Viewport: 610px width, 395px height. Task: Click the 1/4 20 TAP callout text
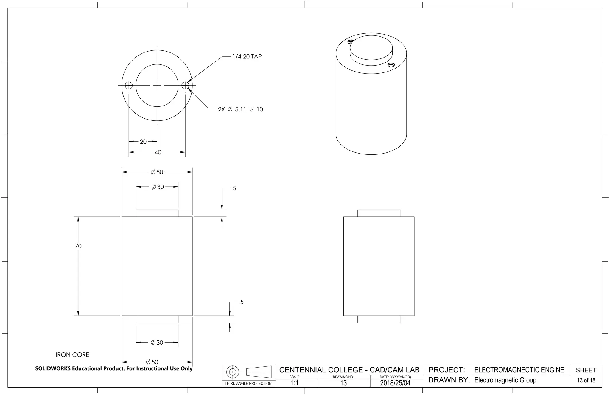[247, 57]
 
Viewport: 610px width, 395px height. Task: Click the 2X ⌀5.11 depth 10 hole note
[240, 109]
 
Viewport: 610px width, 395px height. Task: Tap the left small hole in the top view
[129, 86]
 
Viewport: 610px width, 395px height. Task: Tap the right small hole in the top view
[185, 86]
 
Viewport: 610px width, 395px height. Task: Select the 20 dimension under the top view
[143, 142]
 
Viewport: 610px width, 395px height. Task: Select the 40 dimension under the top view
[158, 152]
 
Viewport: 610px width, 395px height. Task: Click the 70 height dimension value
[78, 246]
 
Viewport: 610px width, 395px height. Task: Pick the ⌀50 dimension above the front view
[157, 172]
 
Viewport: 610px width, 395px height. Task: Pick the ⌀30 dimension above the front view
[158, 187]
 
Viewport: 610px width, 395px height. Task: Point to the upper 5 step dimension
[234, 188]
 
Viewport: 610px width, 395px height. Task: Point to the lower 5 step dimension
[242, 302]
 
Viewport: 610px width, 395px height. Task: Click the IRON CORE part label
[72, 355]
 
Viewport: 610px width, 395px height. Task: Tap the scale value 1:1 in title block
[294, 383]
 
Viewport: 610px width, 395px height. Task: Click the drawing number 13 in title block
[343, 383]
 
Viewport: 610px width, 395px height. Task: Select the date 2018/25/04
[395, 383]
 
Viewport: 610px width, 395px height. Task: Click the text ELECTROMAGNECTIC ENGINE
[519, 370]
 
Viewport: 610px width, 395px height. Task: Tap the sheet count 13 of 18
[586, 380]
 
